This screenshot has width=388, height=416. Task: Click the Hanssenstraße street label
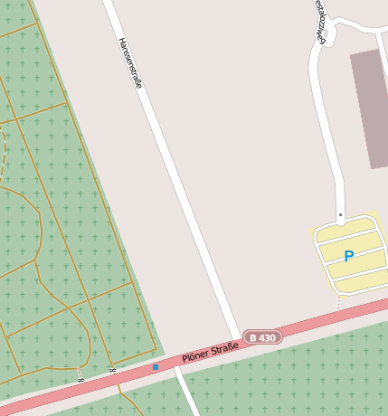(x=130, y=62)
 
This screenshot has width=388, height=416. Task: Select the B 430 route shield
(x=262, y=337)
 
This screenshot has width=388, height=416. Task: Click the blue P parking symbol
(x=348, y=256)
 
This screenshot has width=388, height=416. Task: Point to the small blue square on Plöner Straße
(x=156, y=367)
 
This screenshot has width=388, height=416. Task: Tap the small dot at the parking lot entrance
(x=340, y=214)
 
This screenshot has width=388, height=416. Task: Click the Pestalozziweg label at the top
(x=320, y=20)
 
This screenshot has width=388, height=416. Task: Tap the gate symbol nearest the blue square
(x=112, y=369)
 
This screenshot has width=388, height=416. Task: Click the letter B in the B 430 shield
(x=253, y=338)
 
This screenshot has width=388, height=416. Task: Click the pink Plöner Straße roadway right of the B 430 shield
(x=326, y=319)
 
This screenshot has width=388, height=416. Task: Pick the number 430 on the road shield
(x=267, y=337)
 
